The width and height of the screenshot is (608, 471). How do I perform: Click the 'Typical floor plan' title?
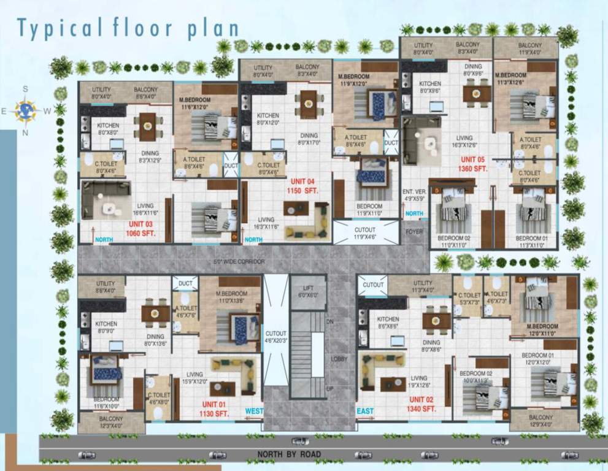point(128,28)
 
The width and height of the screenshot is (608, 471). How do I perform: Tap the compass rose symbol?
point(26,110)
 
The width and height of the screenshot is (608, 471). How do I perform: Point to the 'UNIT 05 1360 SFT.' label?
point(474,164)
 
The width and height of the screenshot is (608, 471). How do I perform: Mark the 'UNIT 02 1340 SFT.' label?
point(422,404)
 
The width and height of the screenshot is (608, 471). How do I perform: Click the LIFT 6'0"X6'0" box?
point(308,291)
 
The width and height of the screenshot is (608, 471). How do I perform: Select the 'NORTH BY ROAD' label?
point(288,454)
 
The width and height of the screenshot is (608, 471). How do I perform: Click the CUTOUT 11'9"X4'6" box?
point(365,232)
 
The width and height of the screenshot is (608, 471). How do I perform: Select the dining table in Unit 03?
point(148,126)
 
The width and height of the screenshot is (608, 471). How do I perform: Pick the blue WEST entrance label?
point(254,410)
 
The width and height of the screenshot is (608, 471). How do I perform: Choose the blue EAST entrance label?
point(365,411)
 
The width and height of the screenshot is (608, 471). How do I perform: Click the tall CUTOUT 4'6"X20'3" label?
point(275,336)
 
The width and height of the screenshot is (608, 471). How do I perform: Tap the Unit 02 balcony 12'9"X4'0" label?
point(544,421)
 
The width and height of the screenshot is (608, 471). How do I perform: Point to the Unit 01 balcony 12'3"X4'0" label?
point(111,422)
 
